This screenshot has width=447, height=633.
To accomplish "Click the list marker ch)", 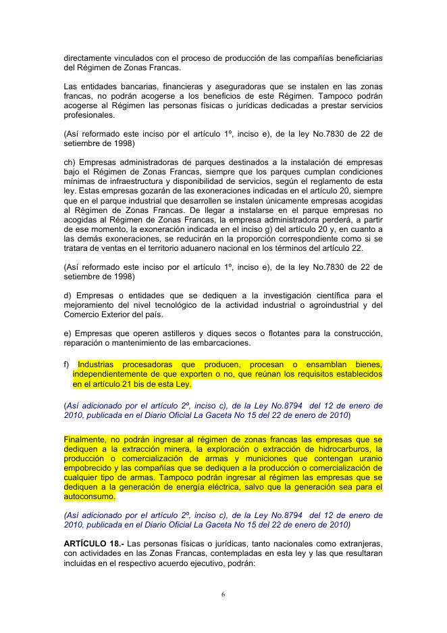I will tap(68, 162).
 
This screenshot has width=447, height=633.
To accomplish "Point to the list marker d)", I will tap(67, 295).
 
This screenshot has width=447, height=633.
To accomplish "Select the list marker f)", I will tap(66, 365).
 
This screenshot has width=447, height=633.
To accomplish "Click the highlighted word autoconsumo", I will tap(88, 496).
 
